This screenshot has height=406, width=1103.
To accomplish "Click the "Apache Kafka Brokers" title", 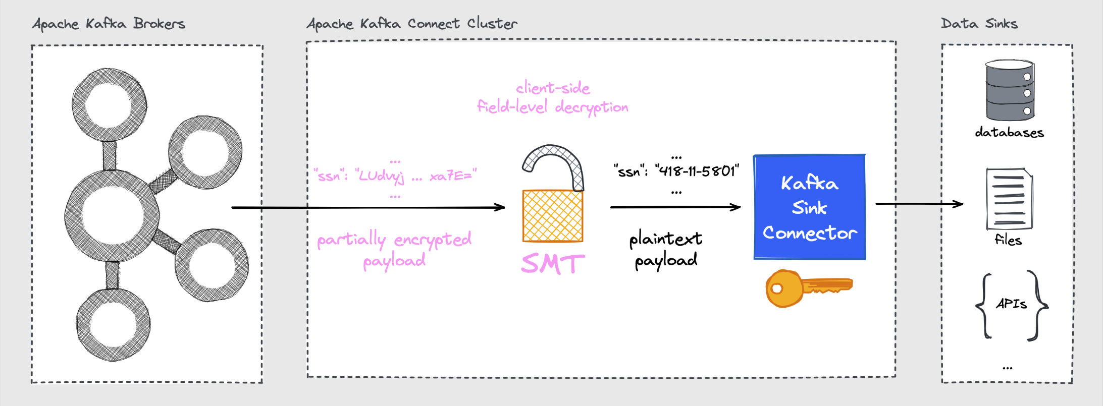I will (x=109, y=24).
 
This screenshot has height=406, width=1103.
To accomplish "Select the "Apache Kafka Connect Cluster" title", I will (x=412, y=24).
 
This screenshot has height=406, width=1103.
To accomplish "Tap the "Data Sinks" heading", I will (x=979, y=24).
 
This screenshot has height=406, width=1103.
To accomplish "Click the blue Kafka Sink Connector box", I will (x=809, y=207).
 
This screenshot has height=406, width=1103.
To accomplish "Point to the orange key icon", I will (x=808, y=288).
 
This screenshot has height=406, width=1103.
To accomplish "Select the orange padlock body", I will (x=553, y=216).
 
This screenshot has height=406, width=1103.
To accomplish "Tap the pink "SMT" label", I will (x=553, y=264).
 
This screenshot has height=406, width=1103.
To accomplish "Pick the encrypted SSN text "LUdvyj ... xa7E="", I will (x=416, y=176).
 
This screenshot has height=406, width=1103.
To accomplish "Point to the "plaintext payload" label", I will (x=666, y=249).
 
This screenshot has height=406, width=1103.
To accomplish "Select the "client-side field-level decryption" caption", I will (x=553, y=97).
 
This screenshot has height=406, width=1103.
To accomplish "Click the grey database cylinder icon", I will (x=1010, y=91).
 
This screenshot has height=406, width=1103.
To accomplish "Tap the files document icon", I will (x=1009, y=199).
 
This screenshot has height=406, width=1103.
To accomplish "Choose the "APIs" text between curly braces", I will (x=1011, y=304).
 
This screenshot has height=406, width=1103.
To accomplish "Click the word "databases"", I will (x=1009, y=133).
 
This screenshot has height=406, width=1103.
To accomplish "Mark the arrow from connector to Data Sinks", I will (x=919, y=204).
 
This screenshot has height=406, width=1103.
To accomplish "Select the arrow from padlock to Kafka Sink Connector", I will (x=675, y=207).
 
